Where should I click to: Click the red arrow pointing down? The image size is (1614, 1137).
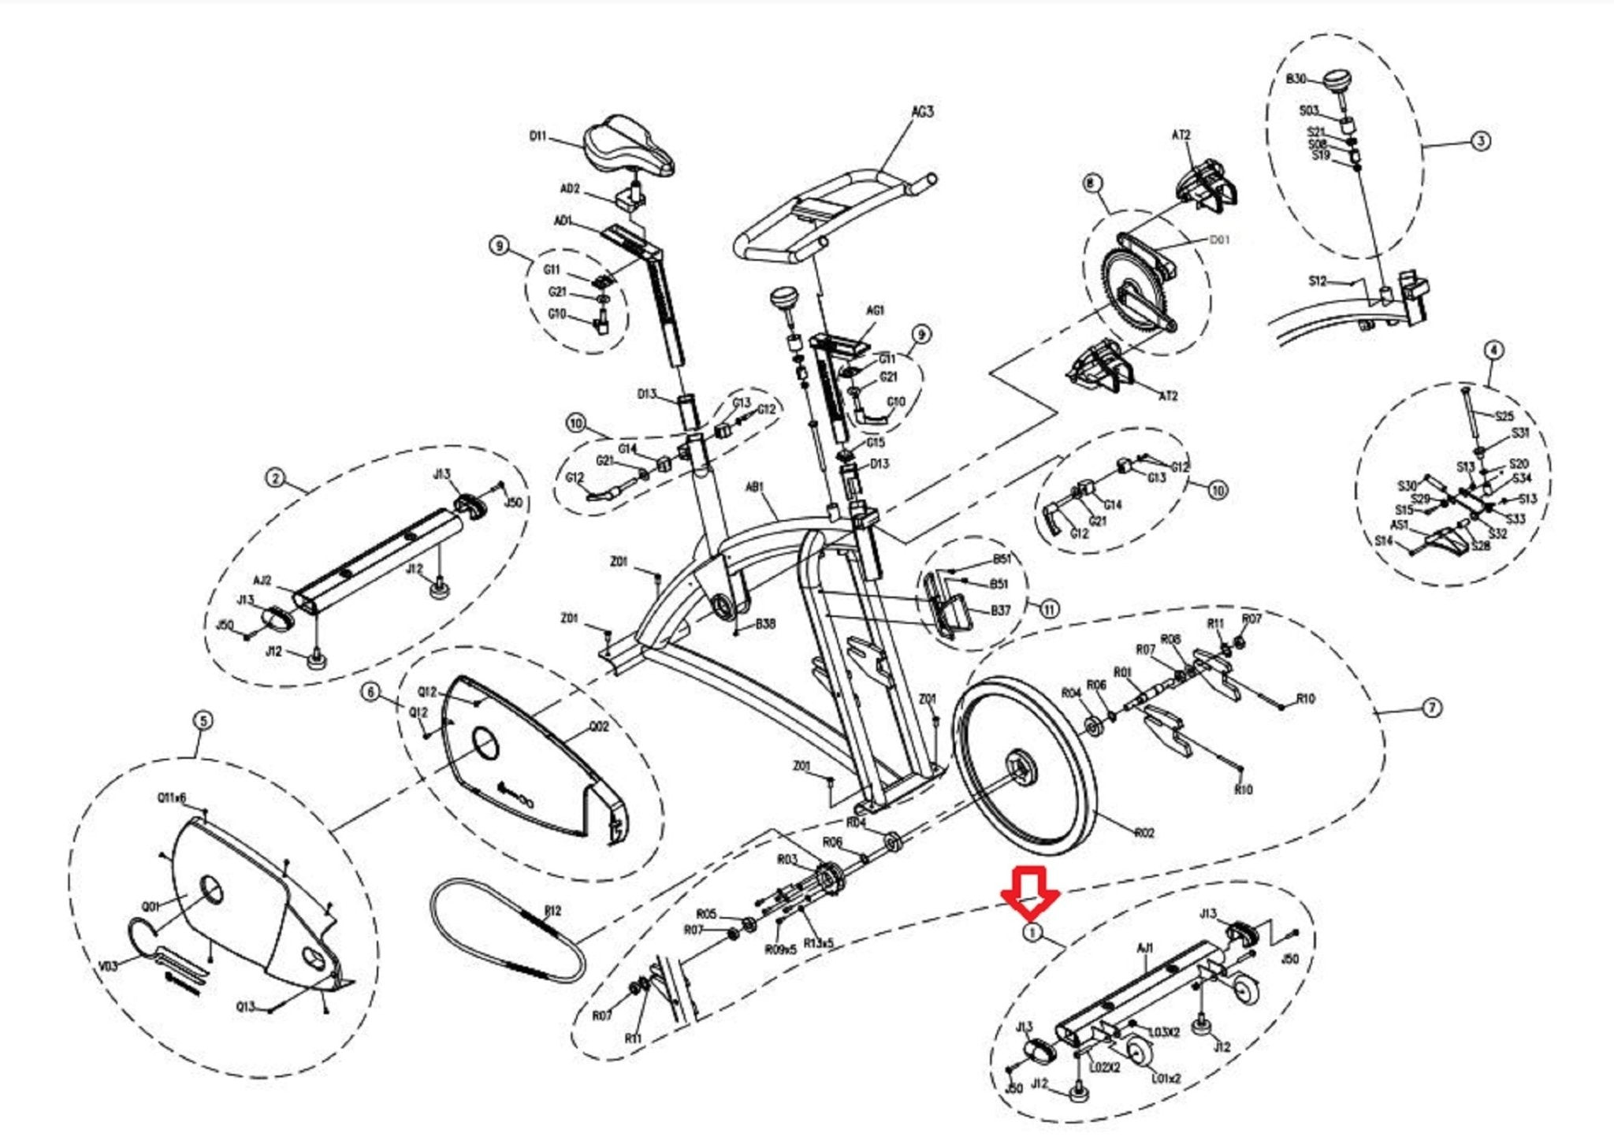pyautogui.click(x=1029, y=894)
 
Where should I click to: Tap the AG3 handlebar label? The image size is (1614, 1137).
pyautogui.click(x=922, y=112)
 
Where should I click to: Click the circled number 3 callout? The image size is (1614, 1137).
pyautogui.click(x=1481, y=142)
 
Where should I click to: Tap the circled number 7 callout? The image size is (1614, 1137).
pyautogui.click(x=1432, y=708)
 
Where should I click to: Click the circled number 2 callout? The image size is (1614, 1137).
pyautogui.click(x=274, y=478)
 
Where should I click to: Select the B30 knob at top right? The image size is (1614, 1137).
pyautogui.click(x=1337, y=80)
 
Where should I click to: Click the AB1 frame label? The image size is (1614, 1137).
pyautogui.click(x=754, y=488)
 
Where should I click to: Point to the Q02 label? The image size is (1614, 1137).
pyautogui.click(x=599, y=726)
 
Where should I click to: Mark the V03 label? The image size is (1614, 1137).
pyautogui.click(x=108, y=965)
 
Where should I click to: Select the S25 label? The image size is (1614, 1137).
pyautogui.click(x=1504, y=416)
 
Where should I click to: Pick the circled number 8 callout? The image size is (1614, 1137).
pyautogui.click(x=1091, y=184)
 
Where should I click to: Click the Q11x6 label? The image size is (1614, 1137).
pyautogui.click(x=172, y=797)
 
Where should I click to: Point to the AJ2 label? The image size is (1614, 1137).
pyautogui.click(x=262, y=581)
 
